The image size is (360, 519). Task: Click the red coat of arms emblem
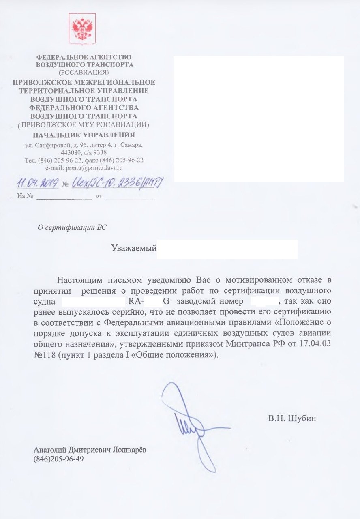tap(82, 28)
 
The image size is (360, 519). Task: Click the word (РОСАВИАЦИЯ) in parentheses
tap(84, 72)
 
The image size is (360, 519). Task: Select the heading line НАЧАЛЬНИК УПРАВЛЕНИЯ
tap(84, 135)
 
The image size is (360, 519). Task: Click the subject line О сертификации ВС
tap(72, 227)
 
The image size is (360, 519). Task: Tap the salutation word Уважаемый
tap(134, 248)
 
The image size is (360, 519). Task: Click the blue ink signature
tap(191, 426)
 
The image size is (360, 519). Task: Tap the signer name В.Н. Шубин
tap(291, 418)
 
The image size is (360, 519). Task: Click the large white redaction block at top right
tap(259, 118)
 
